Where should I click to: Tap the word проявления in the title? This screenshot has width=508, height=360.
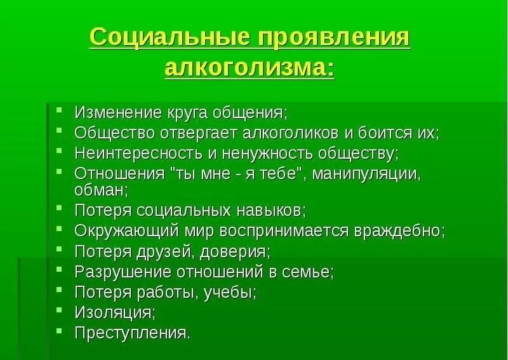click(x=333, y=37)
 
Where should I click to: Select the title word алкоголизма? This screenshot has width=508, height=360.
click(x=249, y=68)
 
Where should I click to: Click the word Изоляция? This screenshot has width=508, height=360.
click(x=113, y=312)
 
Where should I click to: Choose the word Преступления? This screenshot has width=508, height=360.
click(x=131, y=333)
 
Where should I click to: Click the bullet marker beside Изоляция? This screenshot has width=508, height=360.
click(x=58, y=310)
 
